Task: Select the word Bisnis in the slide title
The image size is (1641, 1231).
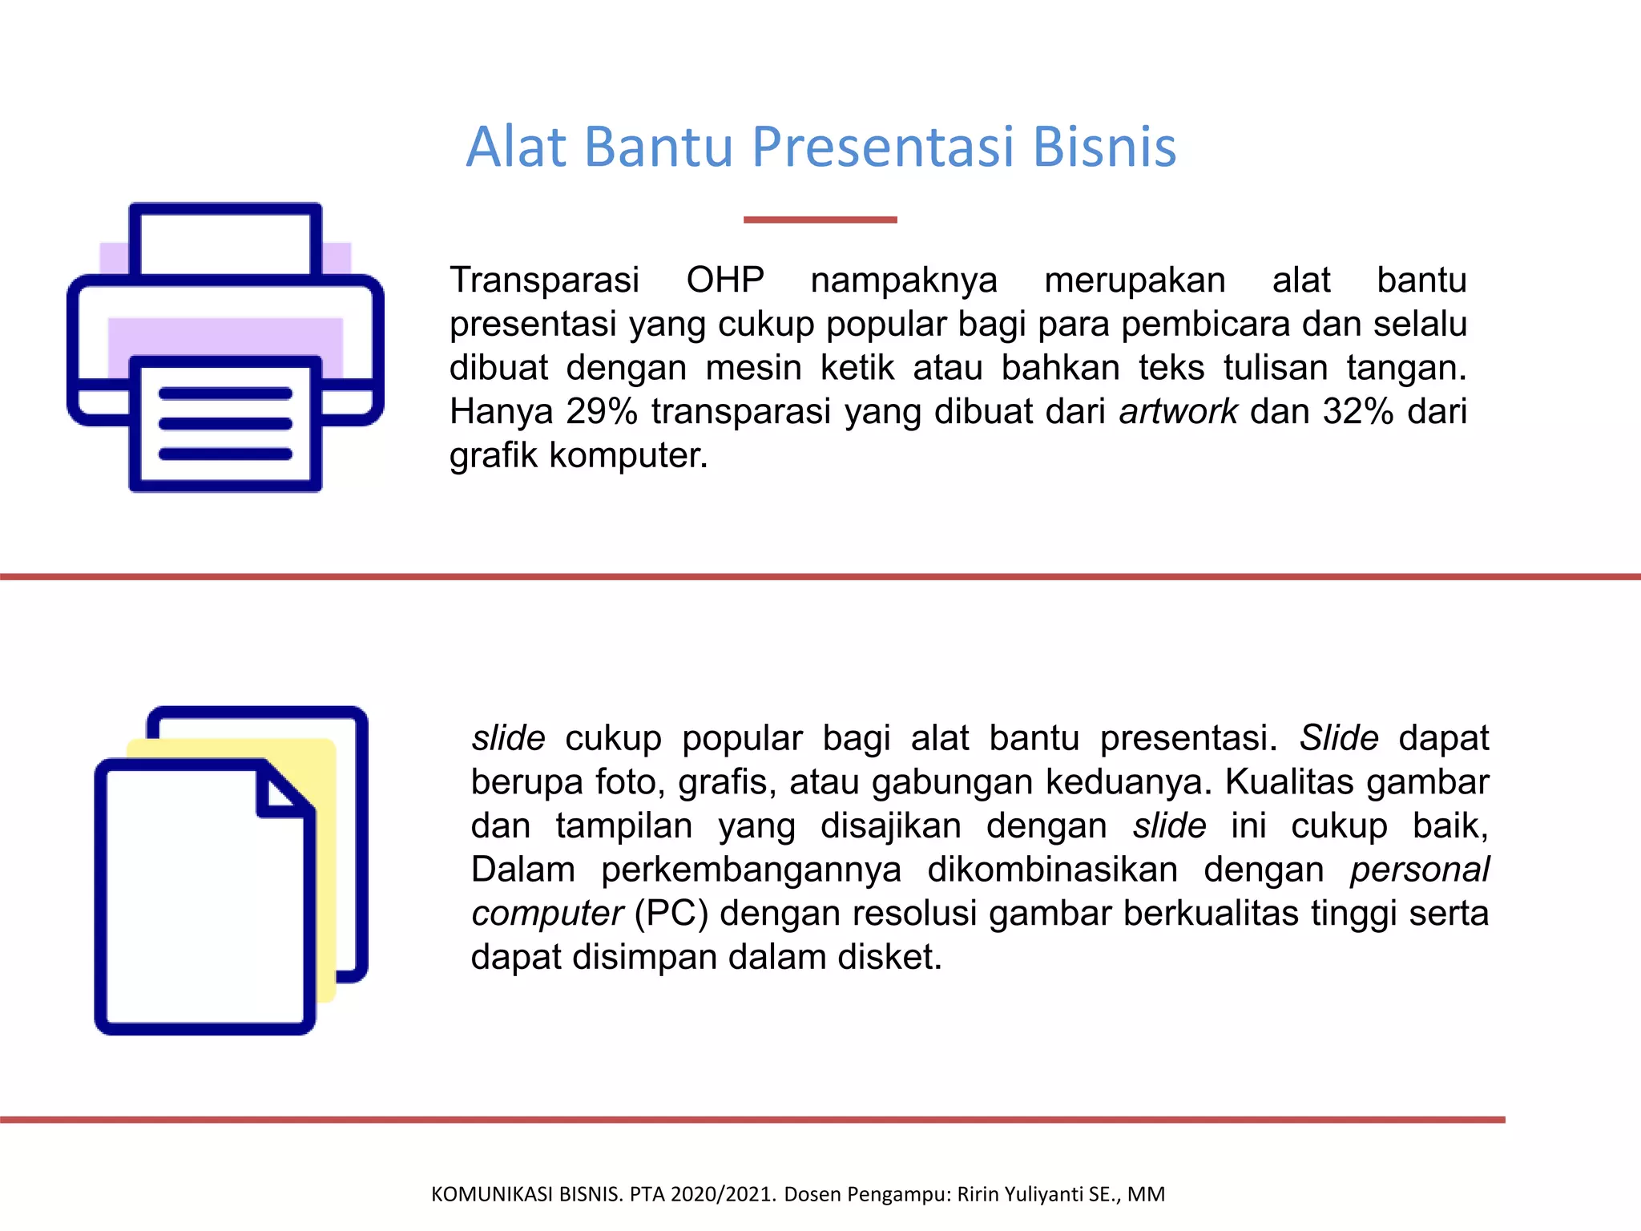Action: [1104, 147]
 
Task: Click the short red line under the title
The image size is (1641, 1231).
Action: [820, 220]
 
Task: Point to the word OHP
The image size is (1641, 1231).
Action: [725, 281]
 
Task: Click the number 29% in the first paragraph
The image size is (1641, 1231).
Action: [601, 412]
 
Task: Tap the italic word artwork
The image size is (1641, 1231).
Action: [1178, 412]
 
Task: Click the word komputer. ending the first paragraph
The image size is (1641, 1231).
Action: [628, 455]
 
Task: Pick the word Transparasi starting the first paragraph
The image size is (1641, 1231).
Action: [544, 281]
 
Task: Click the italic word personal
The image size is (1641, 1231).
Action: [1419, 870]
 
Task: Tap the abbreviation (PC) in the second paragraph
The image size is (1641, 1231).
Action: [671, 914]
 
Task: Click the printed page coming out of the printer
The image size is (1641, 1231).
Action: [225, 425]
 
